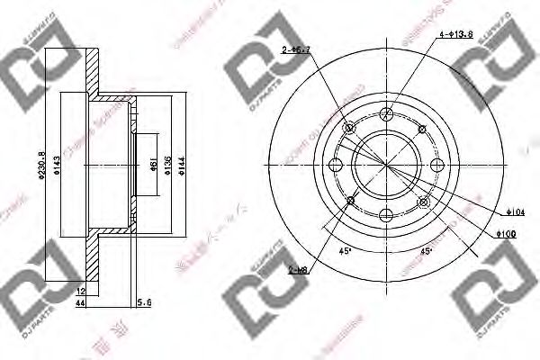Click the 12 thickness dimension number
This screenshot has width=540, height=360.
pos(80,291)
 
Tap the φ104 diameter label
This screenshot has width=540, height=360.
pos(511,211)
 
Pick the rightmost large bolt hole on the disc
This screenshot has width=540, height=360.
pos(437,164)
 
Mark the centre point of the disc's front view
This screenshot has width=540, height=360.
pos(387,164)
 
